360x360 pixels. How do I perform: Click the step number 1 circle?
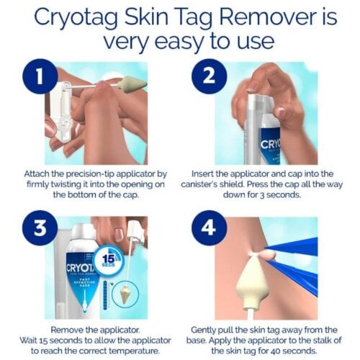coord(40,76)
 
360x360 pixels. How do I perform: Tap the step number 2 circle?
coord(210,76)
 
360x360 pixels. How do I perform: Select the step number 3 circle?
coord(40,228)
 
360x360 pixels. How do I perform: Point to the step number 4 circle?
coord(210,228)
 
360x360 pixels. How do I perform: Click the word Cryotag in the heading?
coord(76,18)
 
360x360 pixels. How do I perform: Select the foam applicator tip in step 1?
coord(132,84)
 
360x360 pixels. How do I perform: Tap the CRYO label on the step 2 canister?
coord(271,144)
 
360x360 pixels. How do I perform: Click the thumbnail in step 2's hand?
coord(280,110)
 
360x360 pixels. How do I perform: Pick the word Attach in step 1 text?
coord(37,174)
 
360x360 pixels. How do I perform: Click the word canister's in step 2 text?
coord(200,184)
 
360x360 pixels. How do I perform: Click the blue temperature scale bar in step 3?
coord(106,295)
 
